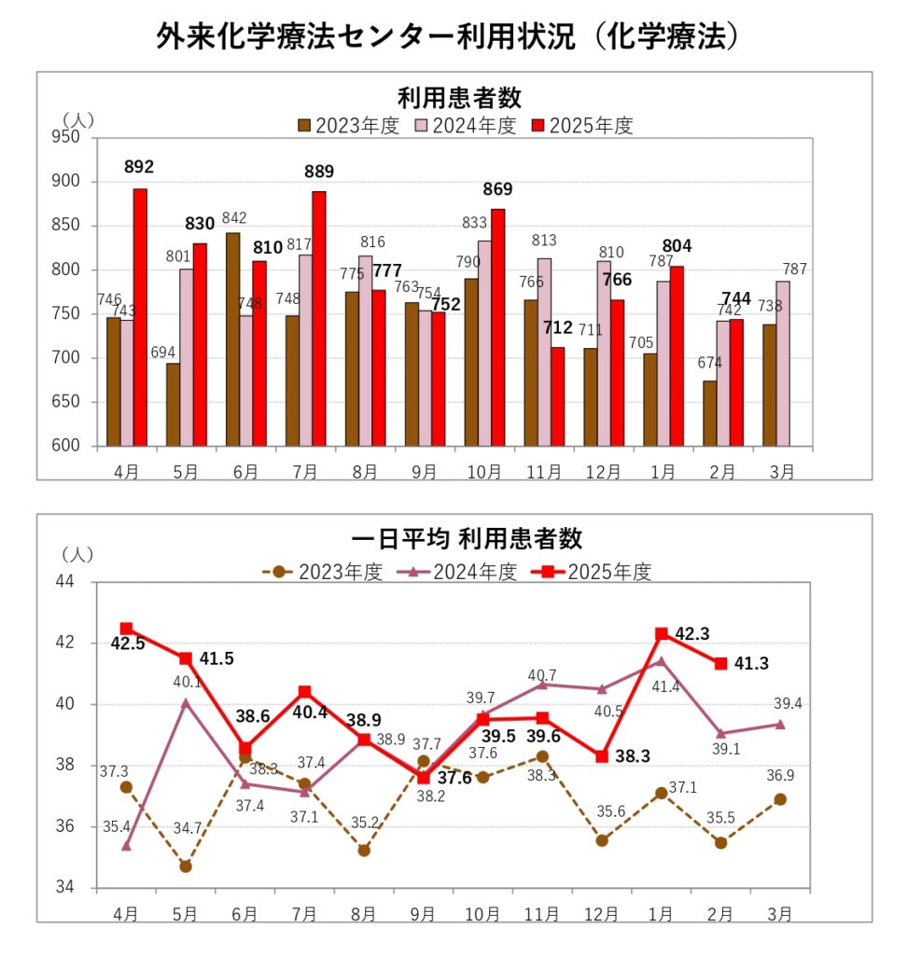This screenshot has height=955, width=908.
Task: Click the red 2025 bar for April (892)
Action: click(140, 317)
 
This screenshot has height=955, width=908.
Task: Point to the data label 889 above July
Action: click(318, 171)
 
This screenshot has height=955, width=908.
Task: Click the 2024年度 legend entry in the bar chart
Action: click(465, 126)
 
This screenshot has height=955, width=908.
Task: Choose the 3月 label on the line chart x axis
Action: click(781, 912)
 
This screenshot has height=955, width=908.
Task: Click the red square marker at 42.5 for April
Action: click(126, 629)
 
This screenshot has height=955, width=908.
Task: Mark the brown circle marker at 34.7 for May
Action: click(186, 866)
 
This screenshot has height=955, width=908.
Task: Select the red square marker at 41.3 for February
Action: click(720, 663)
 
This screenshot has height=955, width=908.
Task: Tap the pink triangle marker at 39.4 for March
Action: click(780, 724)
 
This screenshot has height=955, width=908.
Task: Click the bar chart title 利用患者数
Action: click(458, 97)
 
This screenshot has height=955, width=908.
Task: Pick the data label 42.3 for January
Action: click(691, 634)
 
